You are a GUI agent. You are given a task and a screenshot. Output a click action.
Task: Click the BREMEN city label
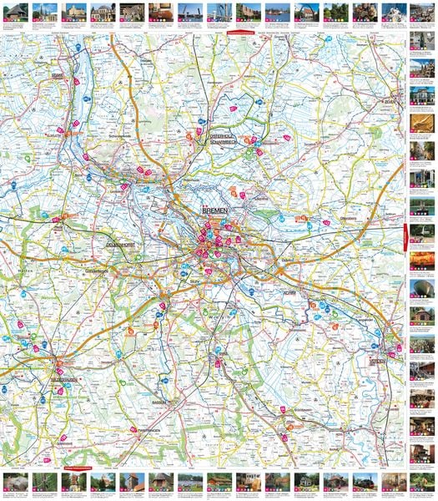214,214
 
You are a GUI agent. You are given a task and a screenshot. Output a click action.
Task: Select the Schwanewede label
122,135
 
